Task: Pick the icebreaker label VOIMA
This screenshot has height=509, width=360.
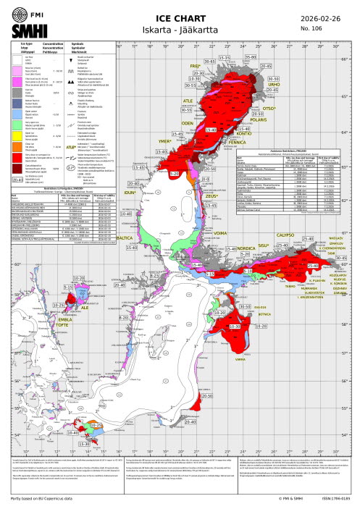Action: pyautogui.click(x=217, y=213)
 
